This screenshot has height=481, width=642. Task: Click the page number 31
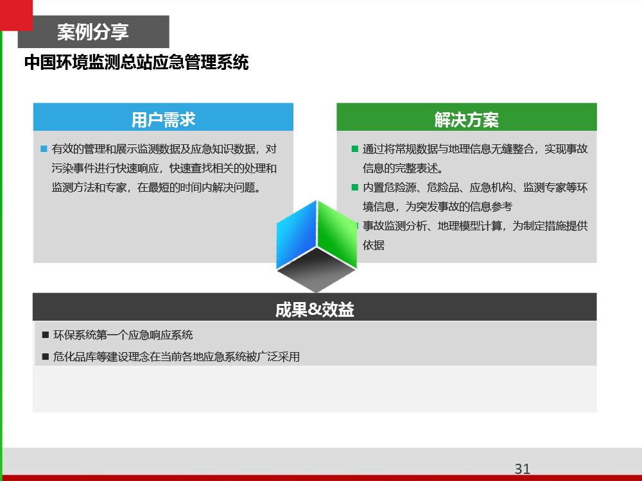(523, 469)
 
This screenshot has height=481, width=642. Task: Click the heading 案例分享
(93, 32)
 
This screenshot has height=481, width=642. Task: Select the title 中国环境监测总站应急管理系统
(136, 62)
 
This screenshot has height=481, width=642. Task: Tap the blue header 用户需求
(163, 119)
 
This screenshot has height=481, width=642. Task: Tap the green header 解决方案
(466, 119)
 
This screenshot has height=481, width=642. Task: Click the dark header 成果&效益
(315, 310)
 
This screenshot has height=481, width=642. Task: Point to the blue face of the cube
(297, 234)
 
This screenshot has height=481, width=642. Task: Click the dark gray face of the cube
(316, 270)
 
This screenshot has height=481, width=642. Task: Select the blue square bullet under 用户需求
(44, 149)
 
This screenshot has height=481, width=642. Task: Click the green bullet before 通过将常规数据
(355, 149)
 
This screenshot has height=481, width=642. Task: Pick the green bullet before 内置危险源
(355, 187)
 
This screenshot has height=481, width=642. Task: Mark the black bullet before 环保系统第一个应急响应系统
(46, 335)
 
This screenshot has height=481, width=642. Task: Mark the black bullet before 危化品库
(46, 357)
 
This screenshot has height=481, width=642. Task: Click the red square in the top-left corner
(17, 15)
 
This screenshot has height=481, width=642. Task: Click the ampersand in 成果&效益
(315, 310)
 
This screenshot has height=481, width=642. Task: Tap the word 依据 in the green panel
(374, 245)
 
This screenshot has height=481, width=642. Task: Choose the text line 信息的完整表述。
(403, 168)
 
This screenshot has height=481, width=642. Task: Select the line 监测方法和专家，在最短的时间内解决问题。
(157, 187)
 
